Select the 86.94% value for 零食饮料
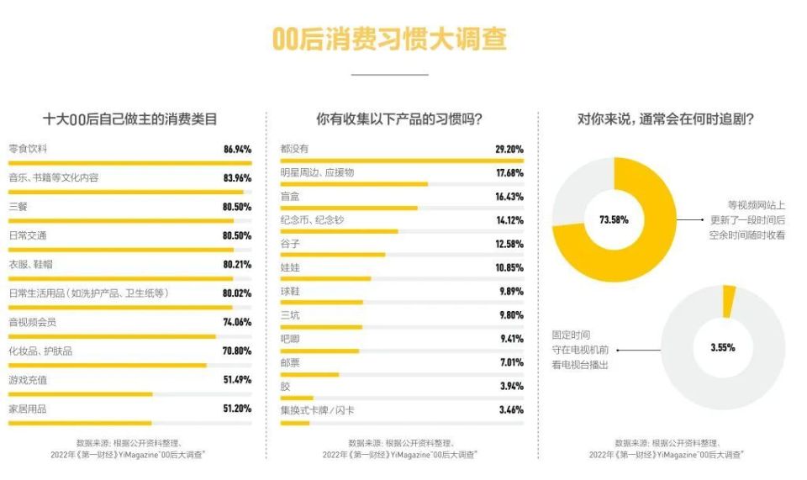pos(237,149)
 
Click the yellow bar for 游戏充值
pos(81,393)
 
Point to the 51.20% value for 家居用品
pos(237,409)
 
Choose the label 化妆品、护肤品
pos(40,351)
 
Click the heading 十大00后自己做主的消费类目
pos(129,119)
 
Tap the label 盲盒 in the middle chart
pos(290,196)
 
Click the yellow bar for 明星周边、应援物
pos(354,183)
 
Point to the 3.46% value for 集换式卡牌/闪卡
pos(510,409)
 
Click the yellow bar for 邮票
pos(309,374)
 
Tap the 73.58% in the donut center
pos(614,220)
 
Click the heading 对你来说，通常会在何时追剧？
pos(665,119)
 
